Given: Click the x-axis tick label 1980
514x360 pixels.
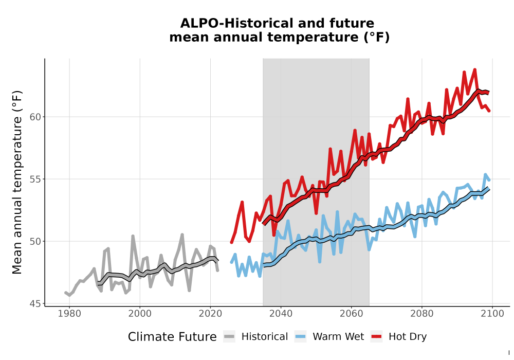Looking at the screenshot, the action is [x=69, y=314].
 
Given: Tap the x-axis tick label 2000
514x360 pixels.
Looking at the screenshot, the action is [x=140, y=314].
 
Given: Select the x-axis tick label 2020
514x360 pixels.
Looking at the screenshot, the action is [x=210, y=314].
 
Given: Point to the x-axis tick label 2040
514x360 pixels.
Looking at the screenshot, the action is [x=281, y=314].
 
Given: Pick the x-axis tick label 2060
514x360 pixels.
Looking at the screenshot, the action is [x=352, y=314].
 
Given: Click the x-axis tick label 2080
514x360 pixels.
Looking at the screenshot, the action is [x=422, y=314].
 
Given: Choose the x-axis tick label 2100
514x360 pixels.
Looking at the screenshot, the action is [x=492, y=314].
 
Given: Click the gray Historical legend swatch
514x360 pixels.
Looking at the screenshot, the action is [x=229, y=337].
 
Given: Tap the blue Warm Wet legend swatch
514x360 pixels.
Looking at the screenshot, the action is [x=300, y=337].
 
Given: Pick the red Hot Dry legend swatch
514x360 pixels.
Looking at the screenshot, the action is [x=377, y=337].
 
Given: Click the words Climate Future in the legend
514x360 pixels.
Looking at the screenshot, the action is [x=172, y=337].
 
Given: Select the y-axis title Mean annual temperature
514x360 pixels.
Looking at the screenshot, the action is [x=17, y=182].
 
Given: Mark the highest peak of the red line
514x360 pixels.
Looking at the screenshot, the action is [x=474, y=69].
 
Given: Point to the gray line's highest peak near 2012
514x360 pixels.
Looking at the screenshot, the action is [x=182, y=235].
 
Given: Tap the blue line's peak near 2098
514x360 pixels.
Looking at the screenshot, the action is [x=485, y=174].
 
